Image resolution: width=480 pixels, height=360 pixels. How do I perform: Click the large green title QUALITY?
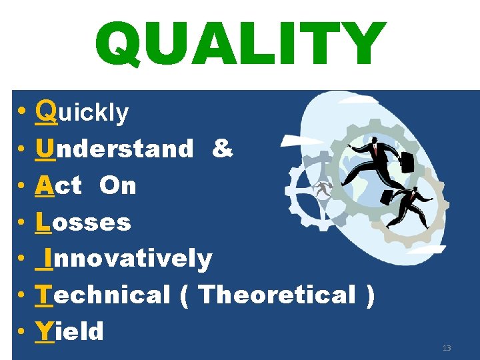point(240,45)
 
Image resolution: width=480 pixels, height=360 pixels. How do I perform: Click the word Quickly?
point(83,112)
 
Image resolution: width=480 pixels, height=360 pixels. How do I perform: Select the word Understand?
point(115,149)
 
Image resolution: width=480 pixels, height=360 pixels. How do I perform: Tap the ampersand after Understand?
point(222,149)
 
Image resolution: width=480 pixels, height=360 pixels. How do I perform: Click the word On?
point(117,185)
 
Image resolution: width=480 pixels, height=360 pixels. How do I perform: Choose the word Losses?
point(83,222)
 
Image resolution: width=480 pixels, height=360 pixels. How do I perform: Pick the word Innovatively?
point(125,258)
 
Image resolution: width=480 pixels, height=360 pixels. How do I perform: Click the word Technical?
point(103,294)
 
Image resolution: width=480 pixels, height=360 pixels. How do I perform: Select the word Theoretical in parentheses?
point(277,294)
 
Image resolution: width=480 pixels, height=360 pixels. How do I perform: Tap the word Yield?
point(70,331)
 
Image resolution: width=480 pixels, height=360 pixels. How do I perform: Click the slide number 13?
point(446,348)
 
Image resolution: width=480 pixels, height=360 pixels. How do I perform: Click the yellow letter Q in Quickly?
point(47,111)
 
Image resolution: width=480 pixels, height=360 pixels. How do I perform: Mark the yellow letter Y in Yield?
point(45,331)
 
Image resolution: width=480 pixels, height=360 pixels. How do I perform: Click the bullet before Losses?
point(23,222)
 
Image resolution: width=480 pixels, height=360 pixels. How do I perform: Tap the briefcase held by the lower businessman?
point(387,197)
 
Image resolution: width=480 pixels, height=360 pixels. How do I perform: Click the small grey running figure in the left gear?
point(324,190)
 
